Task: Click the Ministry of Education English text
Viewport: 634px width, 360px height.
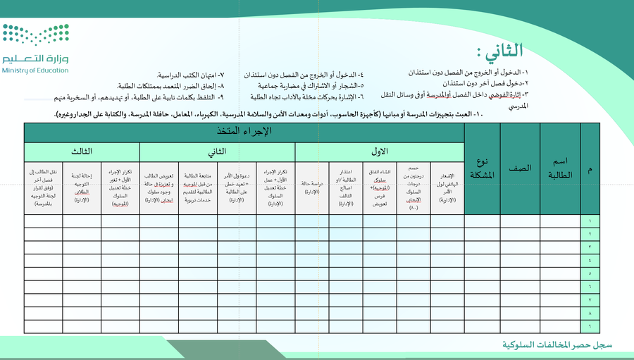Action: point(35,70)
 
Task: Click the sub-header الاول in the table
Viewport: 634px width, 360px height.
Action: point(379,151)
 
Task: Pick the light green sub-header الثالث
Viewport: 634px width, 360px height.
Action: point(81,151)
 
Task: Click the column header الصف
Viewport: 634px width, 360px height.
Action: point(521,168)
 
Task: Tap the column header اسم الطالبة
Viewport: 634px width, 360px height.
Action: point(560,168)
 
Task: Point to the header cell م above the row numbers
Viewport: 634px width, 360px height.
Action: point(590,168)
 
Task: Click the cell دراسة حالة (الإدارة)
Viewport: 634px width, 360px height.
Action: point(312,187)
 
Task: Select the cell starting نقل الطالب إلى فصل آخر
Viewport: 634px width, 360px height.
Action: point(42,187)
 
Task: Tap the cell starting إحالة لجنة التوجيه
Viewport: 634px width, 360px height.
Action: point(81,187)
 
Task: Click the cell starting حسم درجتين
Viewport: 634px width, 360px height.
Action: point(414,187)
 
